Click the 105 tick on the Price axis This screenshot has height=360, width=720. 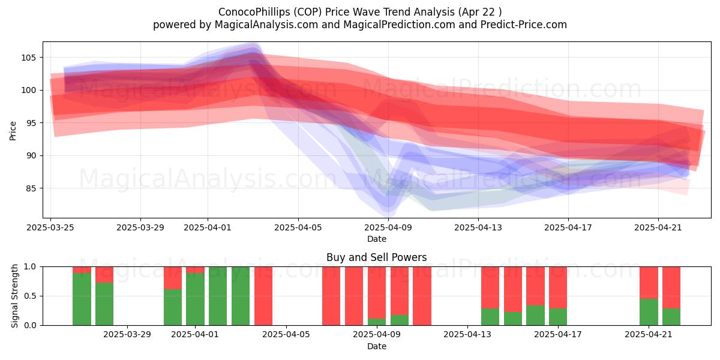point(29,58)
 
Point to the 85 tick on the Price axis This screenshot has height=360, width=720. point(31,188)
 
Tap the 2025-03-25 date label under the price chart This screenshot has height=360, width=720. point(50,228)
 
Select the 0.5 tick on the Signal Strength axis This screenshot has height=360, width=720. point(30,296)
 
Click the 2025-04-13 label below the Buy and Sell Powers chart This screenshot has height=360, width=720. point(467,335)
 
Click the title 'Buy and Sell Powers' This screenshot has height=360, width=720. point(377,257)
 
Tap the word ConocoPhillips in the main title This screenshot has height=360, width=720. point(254,12)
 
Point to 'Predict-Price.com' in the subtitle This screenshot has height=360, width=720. point(524,25)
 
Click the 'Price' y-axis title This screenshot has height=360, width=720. point(13,131)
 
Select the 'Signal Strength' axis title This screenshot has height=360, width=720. point(14,296)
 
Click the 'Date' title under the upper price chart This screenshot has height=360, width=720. point(377,239)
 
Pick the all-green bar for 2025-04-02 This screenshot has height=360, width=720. point(218,296)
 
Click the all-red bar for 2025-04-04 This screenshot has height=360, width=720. point(263,296)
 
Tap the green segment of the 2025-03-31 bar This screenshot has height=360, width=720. point(173,307)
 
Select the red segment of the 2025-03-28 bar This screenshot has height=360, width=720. point(104,275)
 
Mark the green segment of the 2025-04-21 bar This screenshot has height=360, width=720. point(649,312)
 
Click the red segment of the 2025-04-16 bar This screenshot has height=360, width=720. point(535,286)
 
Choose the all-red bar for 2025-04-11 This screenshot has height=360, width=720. point(422,296)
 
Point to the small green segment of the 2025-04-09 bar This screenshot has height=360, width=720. point(377,322)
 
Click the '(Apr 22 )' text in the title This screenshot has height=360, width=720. point(480,12)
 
